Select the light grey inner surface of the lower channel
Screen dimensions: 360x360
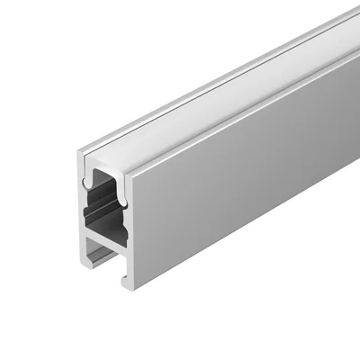point(97,250)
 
